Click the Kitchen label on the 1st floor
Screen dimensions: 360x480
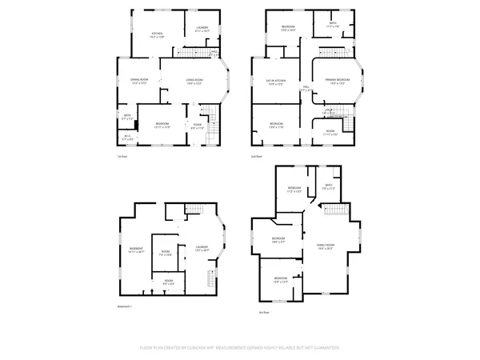(157, 34)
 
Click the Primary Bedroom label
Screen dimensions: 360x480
(337, 81)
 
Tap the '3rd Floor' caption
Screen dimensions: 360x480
(263, 312)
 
